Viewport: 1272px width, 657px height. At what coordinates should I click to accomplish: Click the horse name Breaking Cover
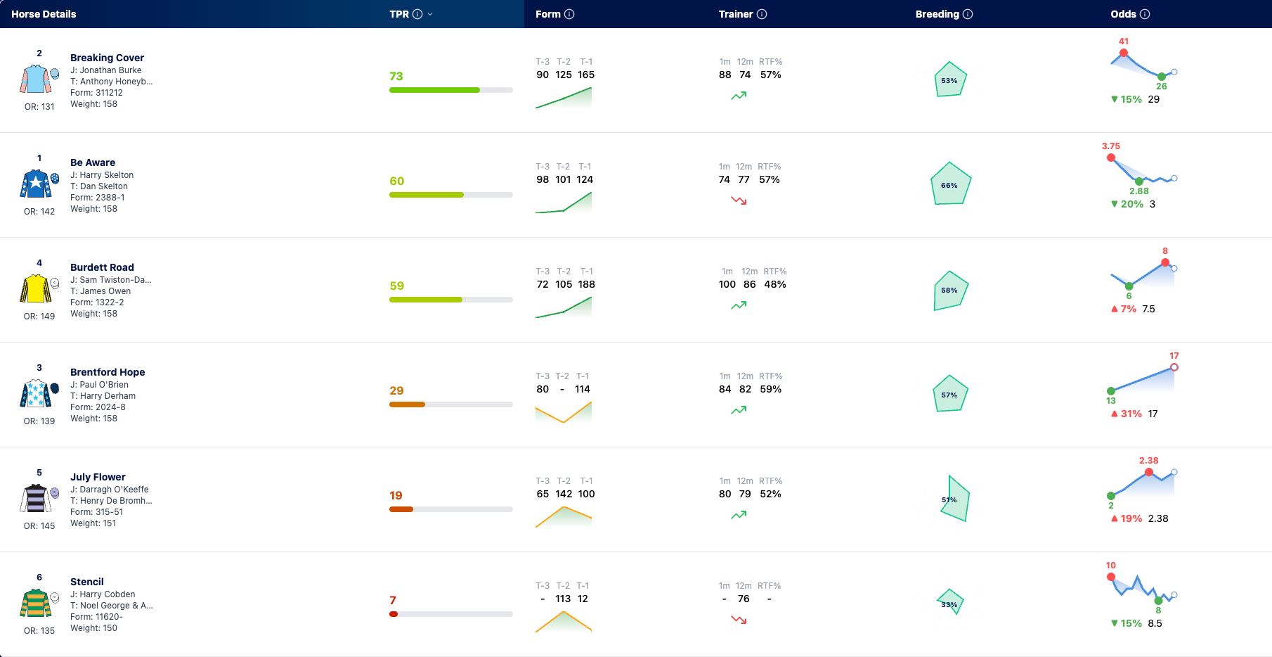pos(107,58)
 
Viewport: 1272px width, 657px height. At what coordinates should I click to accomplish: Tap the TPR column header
pos(399,14)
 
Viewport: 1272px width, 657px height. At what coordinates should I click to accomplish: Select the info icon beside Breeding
pos(968,14)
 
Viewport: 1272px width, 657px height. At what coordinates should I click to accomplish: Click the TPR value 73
pos(396,76)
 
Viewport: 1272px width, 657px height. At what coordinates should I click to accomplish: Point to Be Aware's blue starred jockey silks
pos(35,184)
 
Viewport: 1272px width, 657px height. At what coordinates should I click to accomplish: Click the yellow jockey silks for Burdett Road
pos(35,288)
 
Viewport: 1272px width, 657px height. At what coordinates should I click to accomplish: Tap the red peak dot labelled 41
pos(1124,53)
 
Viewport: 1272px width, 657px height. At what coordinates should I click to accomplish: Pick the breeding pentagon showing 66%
pos(950,184)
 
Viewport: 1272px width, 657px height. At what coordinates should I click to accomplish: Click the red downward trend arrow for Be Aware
pos(739,200)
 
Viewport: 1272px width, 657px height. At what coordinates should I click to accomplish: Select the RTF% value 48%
pos(775,284)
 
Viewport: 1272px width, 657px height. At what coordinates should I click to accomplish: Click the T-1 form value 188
pos(586,284)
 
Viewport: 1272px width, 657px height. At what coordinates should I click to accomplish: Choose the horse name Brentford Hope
pos(108,372)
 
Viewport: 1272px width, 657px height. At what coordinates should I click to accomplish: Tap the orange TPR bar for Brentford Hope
pos(407,404)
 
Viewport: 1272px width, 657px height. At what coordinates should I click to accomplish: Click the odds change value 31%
pos(1131,414)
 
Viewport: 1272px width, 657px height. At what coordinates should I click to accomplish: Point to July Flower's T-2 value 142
pos(564,494)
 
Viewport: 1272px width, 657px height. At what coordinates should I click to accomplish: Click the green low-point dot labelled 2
pos(1111,496)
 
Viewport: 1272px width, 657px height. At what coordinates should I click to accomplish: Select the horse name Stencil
pos(87,582)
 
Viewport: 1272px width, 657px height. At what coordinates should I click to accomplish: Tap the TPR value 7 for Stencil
pos(393,600)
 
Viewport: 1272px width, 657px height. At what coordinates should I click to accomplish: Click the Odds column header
pos(1123,14)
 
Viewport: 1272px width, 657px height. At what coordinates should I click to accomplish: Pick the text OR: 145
pos(39,526)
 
